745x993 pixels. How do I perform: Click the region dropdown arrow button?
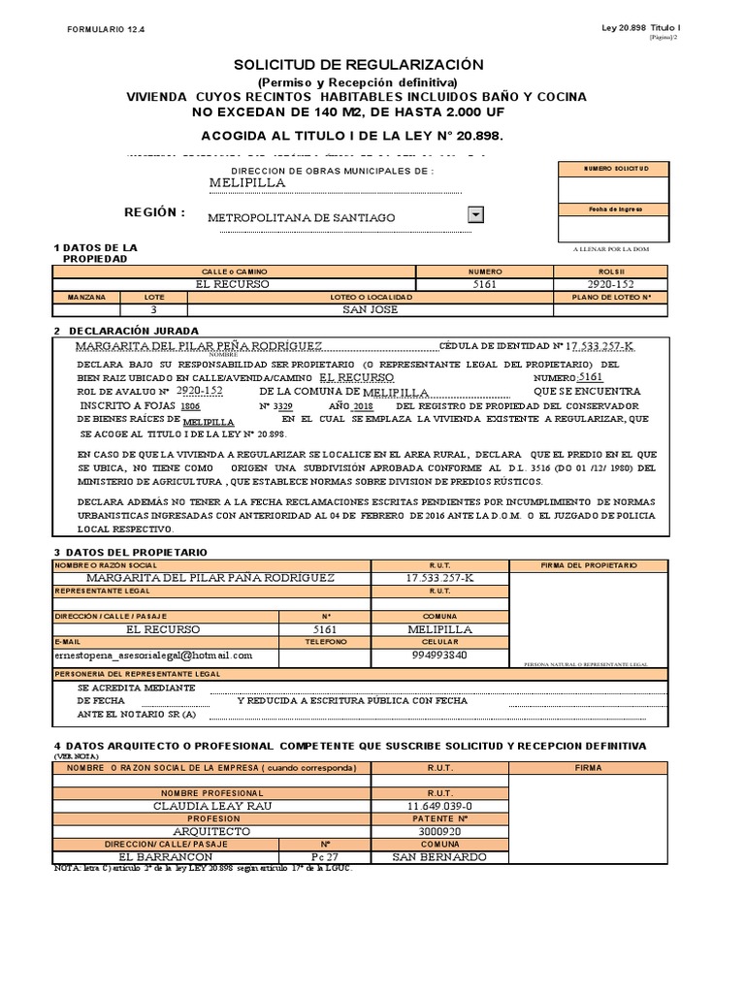(x=475, y=214)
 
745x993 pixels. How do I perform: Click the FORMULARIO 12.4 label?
(x=104, y=31)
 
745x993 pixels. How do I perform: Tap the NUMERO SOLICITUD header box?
(x=612, y=169)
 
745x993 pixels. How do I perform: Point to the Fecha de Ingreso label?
(x=612, y=208)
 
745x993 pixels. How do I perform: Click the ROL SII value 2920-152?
(x=611, y=284)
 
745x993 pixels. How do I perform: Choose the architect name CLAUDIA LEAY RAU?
(x=212, y=806)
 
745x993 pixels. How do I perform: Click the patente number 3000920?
(x=439, y=831)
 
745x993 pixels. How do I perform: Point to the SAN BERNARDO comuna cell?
(x=439, y=856)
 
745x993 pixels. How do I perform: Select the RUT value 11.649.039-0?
(x=439, y=806)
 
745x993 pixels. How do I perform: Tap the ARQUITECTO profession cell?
(x=212, y=831)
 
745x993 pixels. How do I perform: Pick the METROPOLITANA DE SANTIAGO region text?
(x=302, y=218)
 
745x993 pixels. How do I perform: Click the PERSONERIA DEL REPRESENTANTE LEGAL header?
(x=138, y=674)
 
